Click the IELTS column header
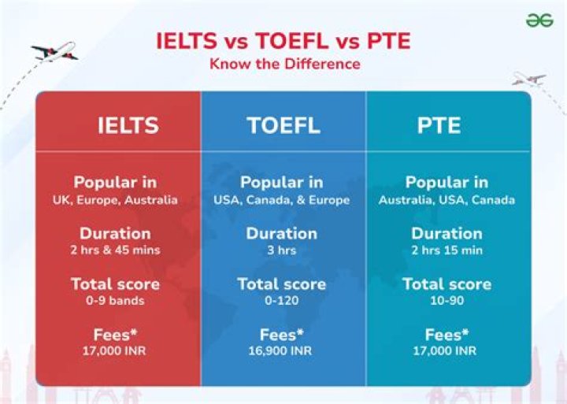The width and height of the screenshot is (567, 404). click(x=128, y=125)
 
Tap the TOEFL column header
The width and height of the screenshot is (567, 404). click(x=283, y=125)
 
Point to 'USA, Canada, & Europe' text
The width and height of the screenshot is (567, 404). click(x=282, y=200)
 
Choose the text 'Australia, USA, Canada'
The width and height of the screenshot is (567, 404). click(x=447, y=200)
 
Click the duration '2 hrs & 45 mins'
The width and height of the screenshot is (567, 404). click(x=116, y=250)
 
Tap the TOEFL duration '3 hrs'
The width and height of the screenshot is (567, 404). click(x=282, y=250)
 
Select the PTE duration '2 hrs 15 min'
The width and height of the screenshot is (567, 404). click(x=447, y=250)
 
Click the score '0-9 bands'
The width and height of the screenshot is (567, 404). click(x=116, y=301)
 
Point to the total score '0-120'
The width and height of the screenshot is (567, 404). click(x=282, y=301)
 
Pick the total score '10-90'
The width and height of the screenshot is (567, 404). click(x=447, y=301)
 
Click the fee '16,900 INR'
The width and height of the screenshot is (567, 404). click(x=282, y=350)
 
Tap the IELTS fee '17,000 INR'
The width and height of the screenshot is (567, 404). click(x=116, y=350)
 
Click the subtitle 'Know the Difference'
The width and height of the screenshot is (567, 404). click(x=284, y=63)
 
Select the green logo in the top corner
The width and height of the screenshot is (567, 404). click(x=539, y=20)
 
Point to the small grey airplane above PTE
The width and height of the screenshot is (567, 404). click(x=528, y=78)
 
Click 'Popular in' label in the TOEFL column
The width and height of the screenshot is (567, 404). click(x=282, y=183)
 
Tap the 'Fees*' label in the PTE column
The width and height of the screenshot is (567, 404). click(x=447, y=335)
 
